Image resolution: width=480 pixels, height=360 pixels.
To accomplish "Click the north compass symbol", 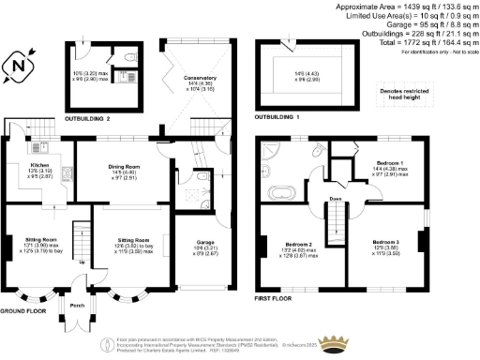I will (21, 67).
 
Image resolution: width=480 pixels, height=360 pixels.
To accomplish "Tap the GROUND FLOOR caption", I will (24, 309).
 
